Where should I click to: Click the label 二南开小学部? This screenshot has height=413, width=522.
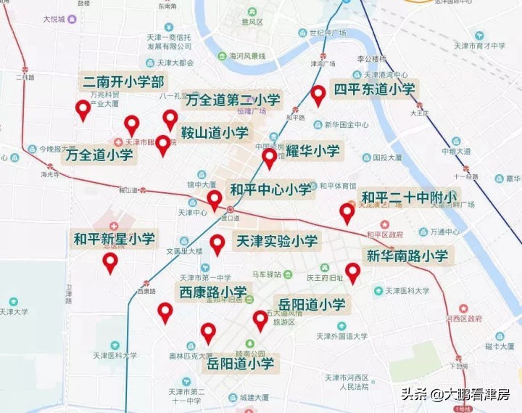(x=123, y=81)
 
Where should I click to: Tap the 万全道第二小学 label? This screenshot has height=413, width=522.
(x=233, y=100)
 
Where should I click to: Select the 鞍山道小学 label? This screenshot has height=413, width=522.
(x=215, y=133)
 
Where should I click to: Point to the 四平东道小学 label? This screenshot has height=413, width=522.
(x=374, y=89)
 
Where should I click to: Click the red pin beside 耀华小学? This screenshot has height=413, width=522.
(x=270, y=158)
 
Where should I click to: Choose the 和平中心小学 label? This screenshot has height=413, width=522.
(x=270, y=190)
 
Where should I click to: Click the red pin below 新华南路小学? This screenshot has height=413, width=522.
(x=352, y=273)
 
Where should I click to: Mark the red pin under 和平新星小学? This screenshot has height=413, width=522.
(x=110, y=263)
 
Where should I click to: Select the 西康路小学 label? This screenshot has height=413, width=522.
(x=213, y=293)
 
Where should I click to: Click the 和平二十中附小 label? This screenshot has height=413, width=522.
(x=409, y=197)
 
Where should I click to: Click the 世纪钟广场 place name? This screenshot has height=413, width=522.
(x=327, y=33)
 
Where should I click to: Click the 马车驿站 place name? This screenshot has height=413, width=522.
(x=266, y=274)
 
